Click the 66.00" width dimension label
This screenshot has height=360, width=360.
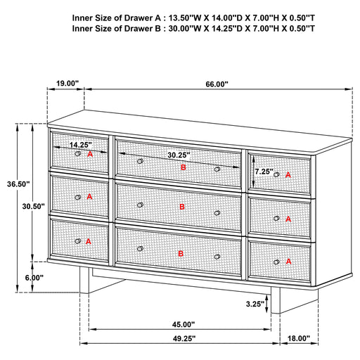click(x=217, y=84)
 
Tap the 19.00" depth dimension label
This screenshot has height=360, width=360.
click(x=66, y=84)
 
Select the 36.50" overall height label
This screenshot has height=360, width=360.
click(x=18, y=184)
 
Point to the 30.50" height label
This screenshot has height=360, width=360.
click(x=34, y=207)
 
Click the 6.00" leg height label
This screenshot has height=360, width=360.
click(x=34, y=278)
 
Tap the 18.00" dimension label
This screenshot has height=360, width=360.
click(x=299, y=338)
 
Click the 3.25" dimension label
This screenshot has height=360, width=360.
click(x=274, y=305)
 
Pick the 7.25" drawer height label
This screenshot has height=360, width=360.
click(x=264, y=171)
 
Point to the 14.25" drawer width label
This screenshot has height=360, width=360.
click(x=80, y=145)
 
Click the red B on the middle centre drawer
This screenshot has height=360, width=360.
click(x=182, y=207)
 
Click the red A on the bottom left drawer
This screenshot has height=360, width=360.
click(x=89, y=241)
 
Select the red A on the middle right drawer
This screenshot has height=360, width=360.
click(x=288, y=219)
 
